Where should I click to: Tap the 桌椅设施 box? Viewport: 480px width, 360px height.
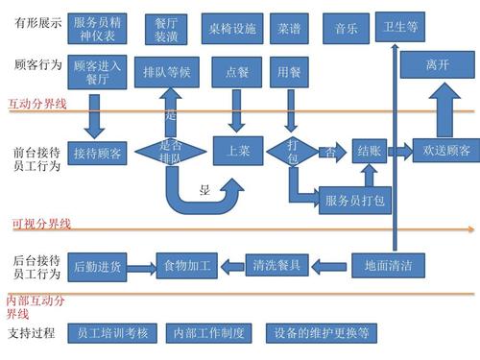(231, 28)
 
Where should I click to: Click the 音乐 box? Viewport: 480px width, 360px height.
(347, 28)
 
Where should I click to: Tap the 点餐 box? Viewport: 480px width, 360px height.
(237, 71)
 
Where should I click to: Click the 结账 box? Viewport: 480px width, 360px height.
(369, 150)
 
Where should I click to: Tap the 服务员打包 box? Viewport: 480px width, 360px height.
(354, 200)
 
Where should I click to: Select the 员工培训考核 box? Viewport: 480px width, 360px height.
(111, 333)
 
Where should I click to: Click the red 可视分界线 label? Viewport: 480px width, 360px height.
(41, 224)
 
